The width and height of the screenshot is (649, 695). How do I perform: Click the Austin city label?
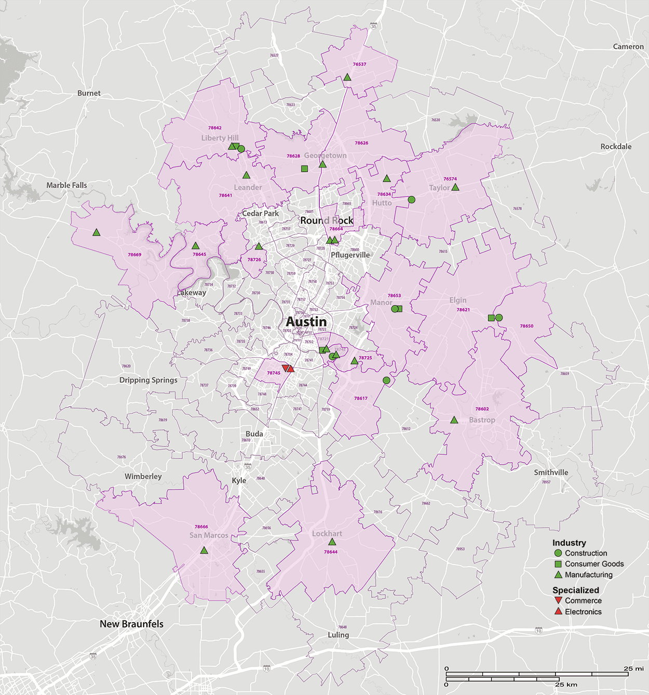coord(306,322)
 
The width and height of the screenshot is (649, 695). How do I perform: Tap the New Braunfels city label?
coord(131,624)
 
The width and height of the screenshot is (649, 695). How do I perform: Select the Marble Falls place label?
coord(66,185)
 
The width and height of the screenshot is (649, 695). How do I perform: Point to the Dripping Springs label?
coord(148,380)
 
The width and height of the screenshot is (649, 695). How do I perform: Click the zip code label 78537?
coord(359,64)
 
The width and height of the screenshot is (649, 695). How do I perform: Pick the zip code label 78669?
coord(134,255)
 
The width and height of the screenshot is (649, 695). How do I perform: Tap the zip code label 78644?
coord(331,552)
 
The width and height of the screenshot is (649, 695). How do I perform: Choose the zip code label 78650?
coord(526,326)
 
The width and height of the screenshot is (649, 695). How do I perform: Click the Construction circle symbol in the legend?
coord(558,553)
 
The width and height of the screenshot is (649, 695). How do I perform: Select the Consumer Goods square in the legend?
coord(558,564)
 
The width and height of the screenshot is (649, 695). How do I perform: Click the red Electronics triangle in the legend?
coord(558,611)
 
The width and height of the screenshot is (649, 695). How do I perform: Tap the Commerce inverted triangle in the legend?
coord(558,600)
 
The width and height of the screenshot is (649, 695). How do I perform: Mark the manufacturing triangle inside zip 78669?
coord(96,232)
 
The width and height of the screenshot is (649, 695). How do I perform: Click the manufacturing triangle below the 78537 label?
coord(347,77)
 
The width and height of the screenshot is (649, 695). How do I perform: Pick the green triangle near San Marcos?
coord(204,550)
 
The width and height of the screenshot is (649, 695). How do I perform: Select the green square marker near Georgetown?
coord(304,168)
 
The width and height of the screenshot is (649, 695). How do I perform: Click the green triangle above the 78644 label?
coord(332,542)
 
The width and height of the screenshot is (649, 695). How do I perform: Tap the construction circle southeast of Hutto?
coord(411,200)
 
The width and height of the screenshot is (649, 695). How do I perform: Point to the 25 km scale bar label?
coord(566,685)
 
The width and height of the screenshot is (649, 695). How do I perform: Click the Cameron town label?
coord(628,47)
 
